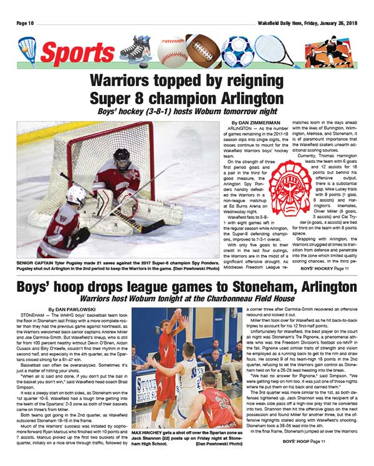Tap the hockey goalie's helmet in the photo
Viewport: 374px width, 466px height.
(x=122, y=157)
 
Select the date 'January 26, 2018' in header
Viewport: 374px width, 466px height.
(x=335, y=23)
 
